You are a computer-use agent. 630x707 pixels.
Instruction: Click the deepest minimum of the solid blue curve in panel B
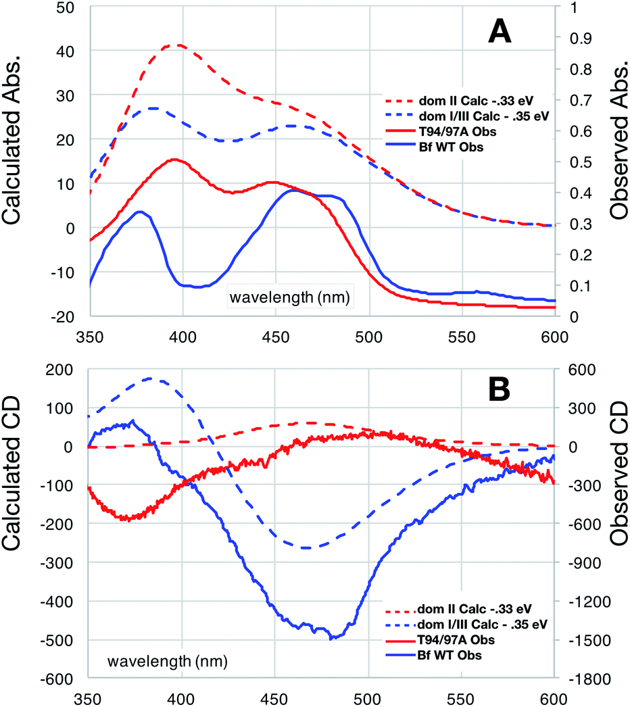pos(331,638)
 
